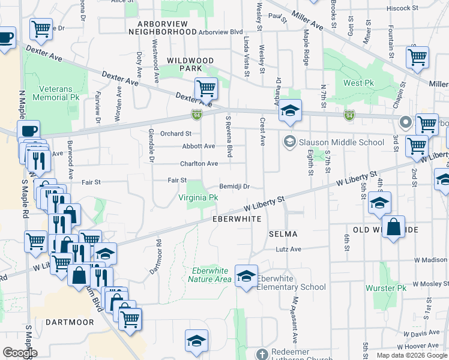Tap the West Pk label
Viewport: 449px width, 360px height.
360,83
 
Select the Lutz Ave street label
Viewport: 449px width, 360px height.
288,249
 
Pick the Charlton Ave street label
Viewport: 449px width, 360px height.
199,163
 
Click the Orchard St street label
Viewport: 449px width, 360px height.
176,133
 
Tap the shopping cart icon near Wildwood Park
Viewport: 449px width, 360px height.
206,88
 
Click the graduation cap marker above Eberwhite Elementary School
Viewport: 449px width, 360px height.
246,276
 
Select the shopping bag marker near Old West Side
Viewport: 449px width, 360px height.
393,227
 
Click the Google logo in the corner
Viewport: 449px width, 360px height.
19,353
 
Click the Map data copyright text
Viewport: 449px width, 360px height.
411,355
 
